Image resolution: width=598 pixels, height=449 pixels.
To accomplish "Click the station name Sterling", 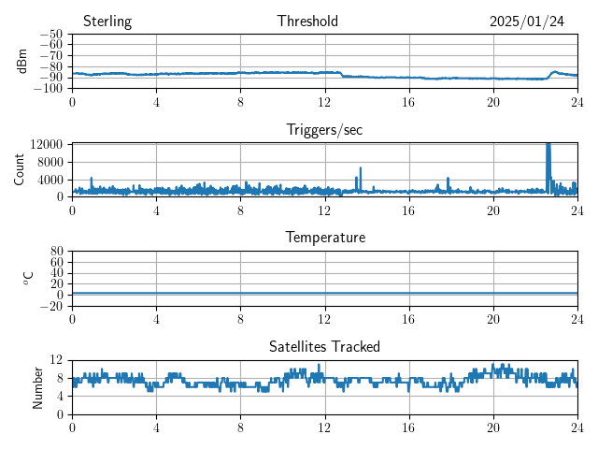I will (x=107, y=22).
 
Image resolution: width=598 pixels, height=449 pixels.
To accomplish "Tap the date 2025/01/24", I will (x=527, y=22).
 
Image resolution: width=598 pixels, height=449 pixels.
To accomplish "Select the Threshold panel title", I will (x=307, y=22).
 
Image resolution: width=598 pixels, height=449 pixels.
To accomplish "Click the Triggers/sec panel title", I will (x=324, y=130).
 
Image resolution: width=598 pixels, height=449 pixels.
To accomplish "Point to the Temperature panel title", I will (x=324, y=238).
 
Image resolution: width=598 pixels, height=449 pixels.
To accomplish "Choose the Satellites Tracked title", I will (x=324, y=346).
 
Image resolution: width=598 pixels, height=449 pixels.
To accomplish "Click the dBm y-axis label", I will (x=23, y=61).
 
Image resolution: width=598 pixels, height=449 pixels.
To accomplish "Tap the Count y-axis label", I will (x=20, y=169).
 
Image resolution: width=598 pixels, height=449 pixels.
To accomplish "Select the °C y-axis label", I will (x=28, y=278).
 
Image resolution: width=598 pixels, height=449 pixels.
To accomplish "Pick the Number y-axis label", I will (x=37, y=386).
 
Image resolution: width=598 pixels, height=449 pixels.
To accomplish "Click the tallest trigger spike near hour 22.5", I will (x=548, y=146).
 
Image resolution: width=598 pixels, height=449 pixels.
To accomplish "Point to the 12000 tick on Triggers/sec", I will (x=46, y=144).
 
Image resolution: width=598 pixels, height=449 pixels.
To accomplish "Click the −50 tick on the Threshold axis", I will (x=50, y=35).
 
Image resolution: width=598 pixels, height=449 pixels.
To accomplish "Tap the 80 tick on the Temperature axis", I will (x=56, y=252).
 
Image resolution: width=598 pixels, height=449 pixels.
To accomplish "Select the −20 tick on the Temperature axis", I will (x=50, y=306).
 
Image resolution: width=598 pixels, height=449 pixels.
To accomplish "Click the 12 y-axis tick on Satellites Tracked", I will (x=56, y=360).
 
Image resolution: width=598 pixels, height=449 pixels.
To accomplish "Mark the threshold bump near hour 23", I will (x=555, y=71).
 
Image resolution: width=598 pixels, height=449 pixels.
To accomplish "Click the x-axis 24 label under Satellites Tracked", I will (x=577, y=427).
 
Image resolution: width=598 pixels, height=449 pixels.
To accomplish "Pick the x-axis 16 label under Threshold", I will (x=409, y=101).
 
